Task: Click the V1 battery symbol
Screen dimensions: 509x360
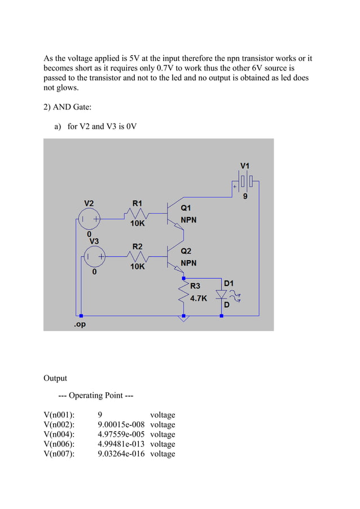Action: click(x=245, y=182)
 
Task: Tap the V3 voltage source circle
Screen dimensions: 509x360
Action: click(x=94, y=258)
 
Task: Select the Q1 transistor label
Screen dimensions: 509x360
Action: click(x=186, y=208)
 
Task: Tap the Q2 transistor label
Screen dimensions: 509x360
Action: click(x=186, y=251)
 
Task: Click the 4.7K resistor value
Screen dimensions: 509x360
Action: click(x=198, y=299)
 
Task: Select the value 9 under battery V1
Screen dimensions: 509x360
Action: click(x=245, y=196)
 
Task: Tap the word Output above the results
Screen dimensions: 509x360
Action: click(x=55, y=378)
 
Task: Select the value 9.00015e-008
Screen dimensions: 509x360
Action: click(x=121, y=425)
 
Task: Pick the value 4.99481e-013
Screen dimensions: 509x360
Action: click(x=121, y=444)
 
